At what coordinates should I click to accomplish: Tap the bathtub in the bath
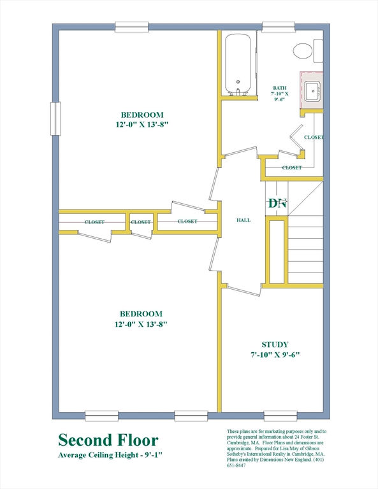(238, 64)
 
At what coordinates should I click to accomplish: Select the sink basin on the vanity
(313, 91)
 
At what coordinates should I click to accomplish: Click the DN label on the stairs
(277, 203)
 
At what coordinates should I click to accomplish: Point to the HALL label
(243, 220)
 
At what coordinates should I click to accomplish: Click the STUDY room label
(275, 344)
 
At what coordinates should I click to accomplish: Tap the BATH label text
(279, 88)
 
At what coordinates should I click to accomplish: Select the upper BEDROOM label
(142, 115)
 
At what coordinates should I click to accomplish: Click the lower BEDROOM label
(141, 314)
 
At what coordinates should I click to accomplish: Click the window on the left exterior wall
(55, 118)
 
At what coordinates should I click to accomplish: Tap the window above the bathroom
(279, 27)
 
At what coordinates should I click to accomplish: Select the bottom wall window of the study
(280, 416)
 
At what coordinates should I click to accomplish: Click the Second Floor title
(108, 440)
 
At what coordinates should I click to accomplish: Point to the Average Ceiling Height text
(110, 455)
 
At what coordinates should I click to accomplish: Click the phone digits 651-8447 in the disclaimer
(236, 465)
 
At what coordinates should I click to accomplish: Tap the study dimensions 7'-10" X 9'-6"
(275, 355)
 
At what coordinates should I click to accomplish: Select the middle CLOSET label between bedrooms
(141, 222)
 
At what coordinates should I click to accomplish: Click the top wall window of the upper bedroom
(132, 27)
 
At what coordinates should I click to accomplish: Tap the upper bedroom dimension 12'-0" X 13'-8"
(142, 125)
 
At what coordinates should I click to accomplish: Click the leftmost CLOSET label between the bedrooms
(94, 222)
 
